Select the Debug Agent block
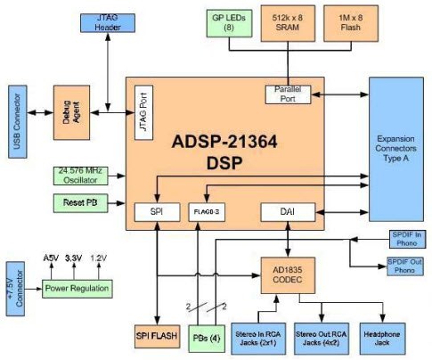[x=70, y=111]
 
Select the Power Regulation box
[x=79, y=289]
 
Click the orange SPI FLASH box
[x=155, y=337]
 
